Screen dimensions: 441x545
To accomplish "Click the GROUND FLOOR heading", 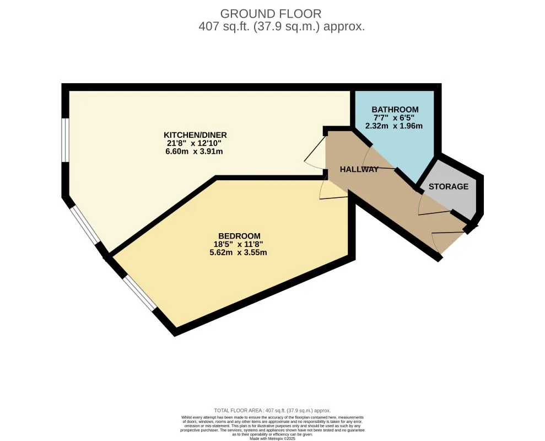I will click(x=270, y=13).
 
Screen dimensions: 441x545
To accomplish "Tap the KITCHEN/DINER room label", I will click(x=195, y=135).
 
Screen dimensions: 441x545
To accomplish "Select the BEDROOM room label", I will click(x=239, y=235).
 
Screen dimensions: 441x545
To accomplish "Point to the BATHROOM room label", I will click(x=395, y=109).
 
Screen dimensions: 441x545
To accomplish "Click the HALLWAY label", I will click(x=359, y=169).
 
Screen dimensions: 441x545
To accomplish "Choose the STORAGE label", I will click(x=449, y=186).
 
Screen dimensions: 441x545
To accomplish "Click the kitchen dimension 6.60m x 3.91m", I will click(x=195, y=152).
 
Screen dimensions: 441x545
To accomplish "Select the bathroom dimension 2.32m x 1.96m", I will click(x=394, y=126).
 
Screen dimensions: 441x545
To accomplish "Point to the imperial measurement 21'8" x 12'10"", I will click(x=195, y=143).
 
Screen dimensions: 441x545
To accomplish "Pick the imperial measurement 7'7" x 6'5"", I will click(x=395, y=117).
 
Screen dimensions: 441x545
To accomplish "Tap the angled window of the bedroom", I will click(x=139, y=293).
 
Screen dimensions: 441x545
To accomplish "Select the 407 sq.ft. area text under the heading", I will click(x=281, y=26).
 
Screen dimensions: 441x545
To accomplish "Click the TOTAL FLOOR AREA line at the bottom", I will click(x=272, y=411).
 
